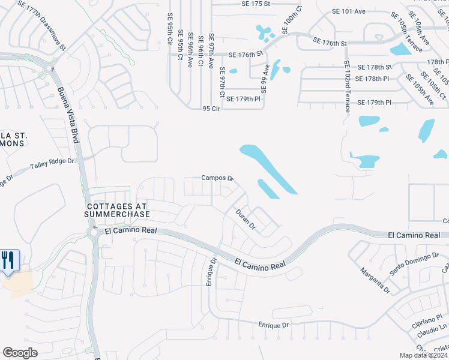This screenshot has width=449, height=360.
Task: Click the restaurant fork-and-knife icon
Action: [9, 260]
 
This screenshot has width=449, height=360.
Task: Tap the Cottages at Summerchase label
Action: [116, 209]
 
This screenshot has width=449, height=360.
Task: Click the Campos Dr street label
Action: [217, 178]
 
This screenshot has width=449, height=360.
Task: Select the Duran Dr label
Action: [246, 220]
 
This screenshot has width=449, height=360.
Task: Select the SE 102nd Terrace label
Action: [347, 86]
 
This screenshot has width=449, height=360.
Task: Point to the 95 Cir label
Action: [212, 109]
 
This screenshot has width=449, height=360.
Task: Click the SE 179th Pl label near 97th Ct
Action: [244, 98]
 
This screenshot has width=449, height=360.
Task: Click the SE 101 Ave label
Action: [349, 11]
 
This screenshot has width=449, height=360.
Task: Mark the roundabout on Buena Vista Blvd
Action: [94, 233]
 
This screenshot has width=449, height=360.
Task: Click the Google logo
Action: [20, 353]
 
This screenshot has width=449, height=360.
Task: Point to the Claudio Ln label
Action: [431, 331]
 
